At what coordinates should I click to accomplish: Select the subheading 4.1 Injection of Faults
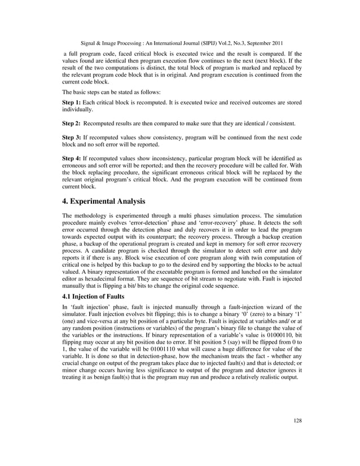click(95, 296)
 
